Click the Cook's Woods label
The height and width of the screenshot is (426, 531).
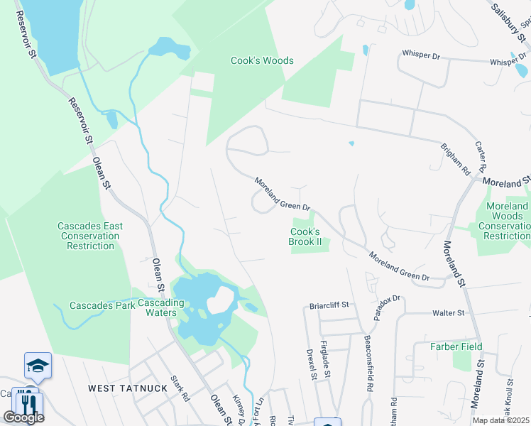pos(262,61)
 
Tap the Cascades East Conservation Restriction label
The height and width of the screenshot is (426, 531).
pos(90,236)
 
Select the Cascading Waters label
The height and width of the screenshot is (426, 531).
pos(161,308)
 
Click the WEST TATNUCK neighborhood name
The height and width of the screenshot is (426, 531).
pos(128,388)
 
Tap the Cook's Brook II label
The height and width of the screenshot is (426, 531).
pos(305,236)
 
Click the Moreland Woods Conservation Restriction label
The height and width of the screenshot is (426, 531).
pos(506,221)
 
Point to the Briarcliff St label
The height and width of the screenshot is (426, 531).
pos(330,305)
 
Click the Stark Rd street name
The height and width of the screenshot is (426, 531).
pos(180,388)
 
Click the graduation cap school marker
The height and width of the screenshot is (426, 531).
pos(38,365)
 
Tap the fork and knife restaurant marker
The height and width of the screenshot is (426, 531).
pos(28,403)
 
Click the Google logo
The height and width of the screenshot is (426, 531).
pos(23,417)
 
